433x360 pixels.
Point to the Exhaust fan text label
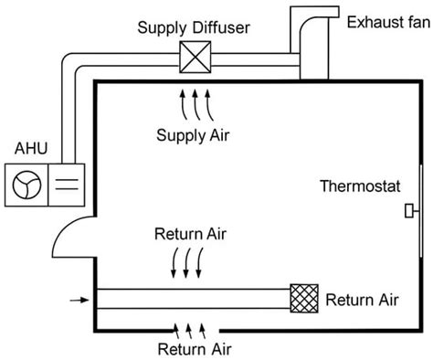(385, 19)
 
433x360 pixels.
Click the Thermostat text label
(360, 187)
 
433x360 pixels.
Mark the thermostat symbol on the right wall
(410, 213)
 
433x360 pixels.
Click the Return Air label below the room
(194, 349)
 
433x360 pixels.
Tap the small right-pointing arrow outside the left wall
(79, 299)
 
